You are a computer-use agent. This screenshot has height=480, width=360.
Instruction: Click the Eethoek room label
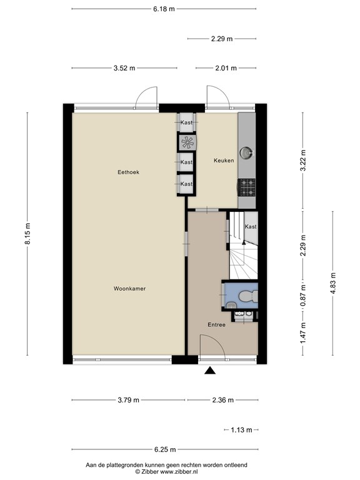coord(127,171)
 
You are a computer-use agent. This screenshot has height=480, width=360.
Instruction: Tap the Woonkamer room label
coord(129,289)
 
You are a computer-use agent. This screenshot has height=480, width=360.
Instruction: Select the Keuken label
coord(223,161)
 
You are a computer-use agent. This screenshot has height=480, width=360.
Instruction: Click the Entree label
coord(216,325)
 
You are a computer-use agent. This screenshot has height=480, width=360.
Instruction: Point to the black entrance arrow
coord(210,371)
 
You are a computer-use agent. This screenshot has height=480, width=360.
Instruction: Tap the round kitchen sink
coord(248,151)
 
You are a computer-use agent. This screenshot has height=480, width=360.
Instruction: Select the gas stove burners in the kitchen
coord(245,185)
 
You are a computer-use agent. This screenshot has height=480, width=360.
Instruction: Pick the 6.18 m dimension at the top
coord(164,9)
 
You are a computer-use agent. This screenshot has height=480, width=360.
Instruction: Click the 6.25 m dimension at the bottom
coord(165,449)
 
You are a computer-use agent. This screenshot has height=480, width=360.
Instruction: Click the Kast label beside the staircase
coord(250,226)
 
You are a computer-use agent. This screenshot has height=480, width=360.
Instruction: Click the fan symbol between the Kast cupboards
coord(186,142)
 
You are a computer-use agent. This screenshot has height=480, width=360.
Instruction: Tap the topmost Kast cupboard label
coord(186,122)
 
